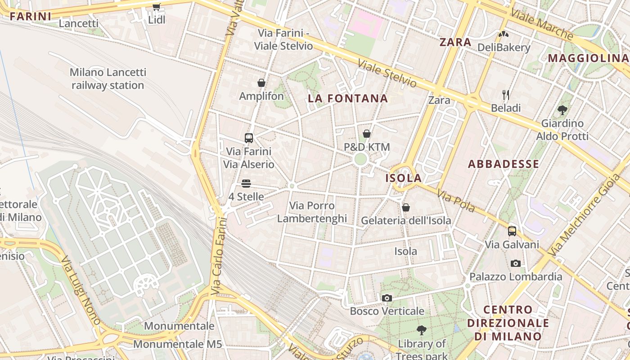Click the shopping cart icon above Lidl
pyautogui.click(x=156, y=7)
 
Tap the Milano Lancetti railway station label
pyautogui.click(x=108, y=79)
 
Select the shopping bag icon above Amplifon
pyautogui.click(x=261, y=83)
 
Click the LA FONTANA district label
pyautogui.click(x=348, y=99)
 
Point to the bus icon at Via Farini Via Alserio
pyautogui.click(x=249, y=138)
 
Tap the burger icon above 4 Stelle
pyautogui.click(x=246, y=184)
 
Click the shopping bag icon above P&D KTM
pyautogui.click(x=367, y=134)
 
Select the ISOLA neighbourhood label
pyautogui.click(x=404, y=178)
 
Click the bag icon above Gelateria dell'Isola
pyautogui.click(x=406, y=207)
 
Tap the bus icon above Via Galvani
pyautogui.click(x=512, y=231)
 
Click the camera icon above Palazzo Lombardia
pyautogui.click(x=516, y=263)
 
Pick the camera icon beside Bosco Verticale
pyautogui.click(x=387, y=298)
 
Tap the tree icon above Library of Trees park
pyautogui.click(x=421, y=331)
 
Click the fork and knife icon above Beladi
pyautogui.click(x=506, y=94)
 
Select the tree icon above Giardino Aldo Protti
pyautogui.click(x=562, y=110)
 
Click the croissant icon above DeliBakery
pyautogui.click(x=503, y=34)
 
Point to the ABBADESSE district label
pyautogui.click(x=504, y=164)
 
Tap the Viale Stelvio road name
pyautogui.click(x=387, y=73)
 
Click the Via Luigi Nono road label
pyautogui.click(x=81, y=290)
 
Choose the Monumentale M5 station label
pyautogui.click(x=178, y=344)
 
